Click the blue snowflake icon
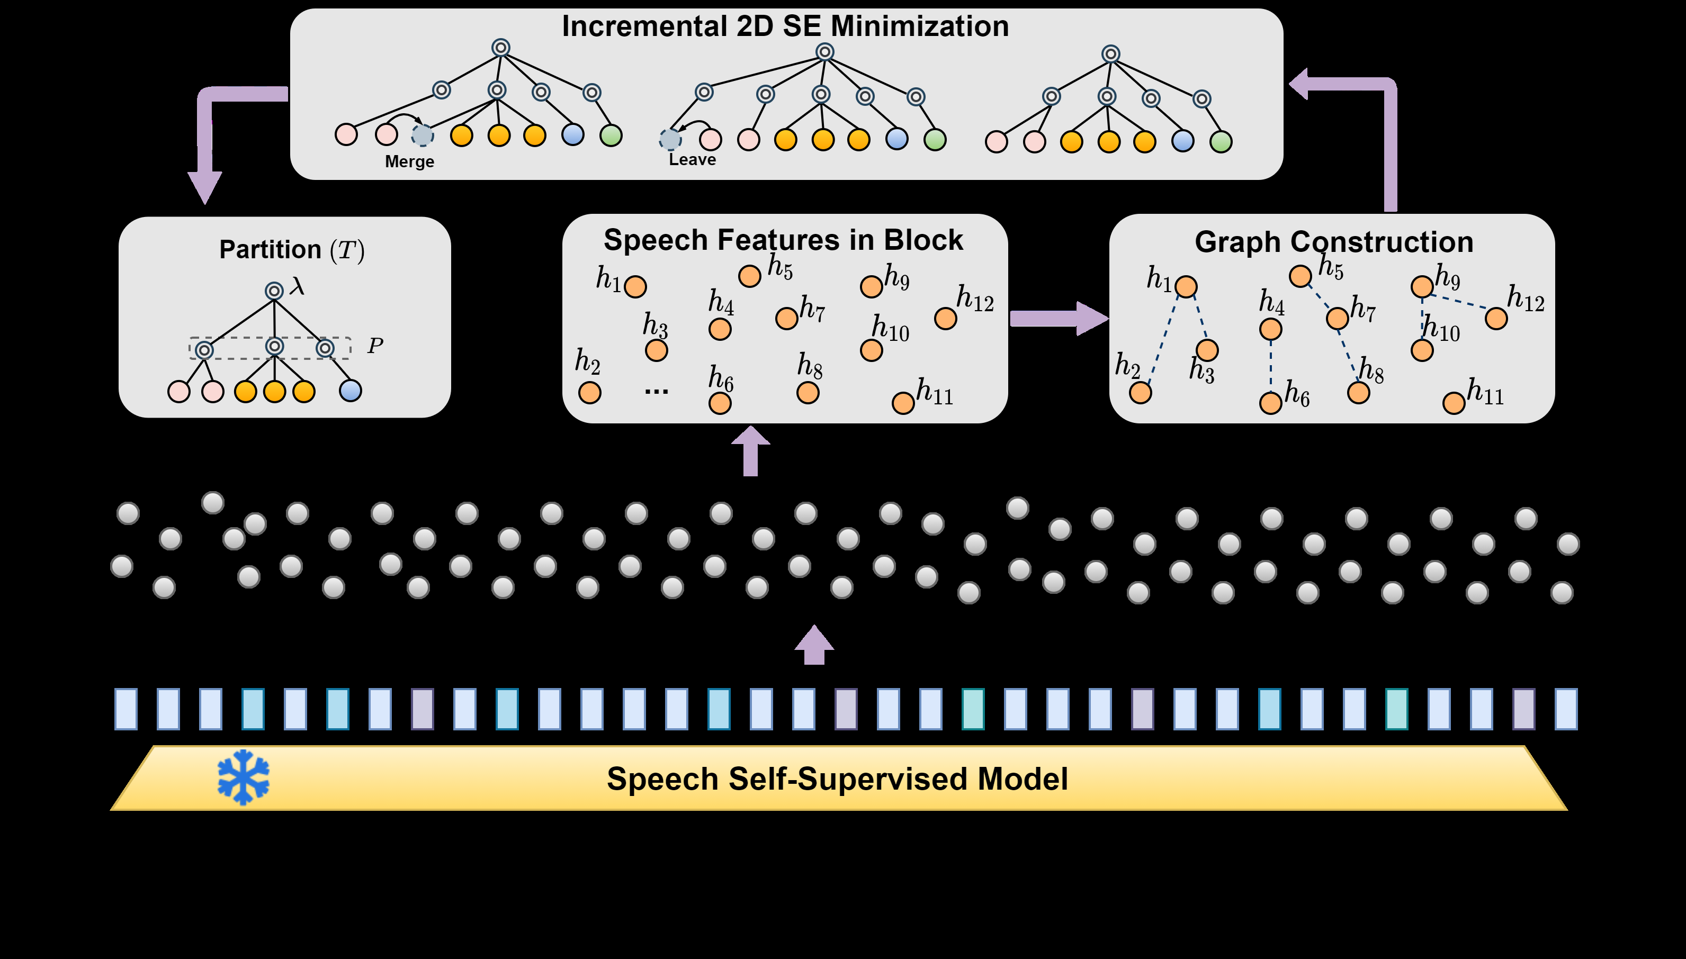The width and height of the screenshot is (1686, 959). click(x=243, y=777)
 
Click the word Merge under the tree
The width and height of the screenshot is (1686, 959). click(x=409, y=161)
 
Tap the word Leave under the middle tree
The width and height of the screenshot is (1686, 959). click(x=692, y=159)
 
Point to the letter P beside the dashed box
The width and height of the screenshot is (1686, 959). click(x=375, y=345)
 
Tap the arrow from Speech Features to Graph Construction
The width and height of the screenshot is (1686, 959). click(x=1057, y=319)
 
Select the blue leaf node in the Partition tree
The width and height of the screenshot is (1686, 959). click(x=350, y=391)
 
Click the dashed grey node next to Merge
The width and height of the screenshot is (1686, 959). click(x=423, y=135)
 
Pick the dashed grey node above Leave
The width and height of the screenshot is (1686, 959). click(x=670, y=140)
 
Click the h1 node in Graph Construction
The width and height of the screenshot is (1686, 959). click(x=1185, y=286)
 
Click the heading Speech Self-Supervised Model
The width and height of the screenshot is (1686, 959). click(x=837, y=779)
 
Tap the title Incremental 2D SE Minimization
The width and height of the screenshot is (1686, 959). click(x=785, y=26)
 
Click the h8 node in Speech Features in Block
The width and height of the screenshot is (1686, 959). click(x=807, y=393)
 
